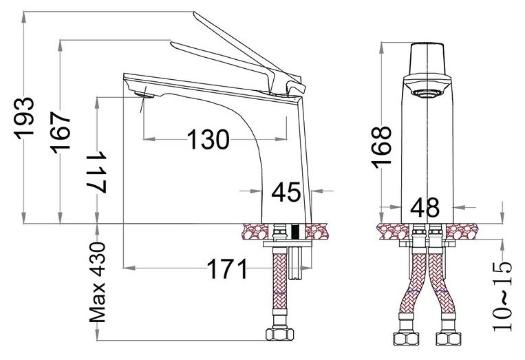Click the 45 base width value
[286, 192]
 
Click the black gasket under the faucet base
[296, 231]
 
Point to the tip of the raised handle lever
[197, 13]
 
